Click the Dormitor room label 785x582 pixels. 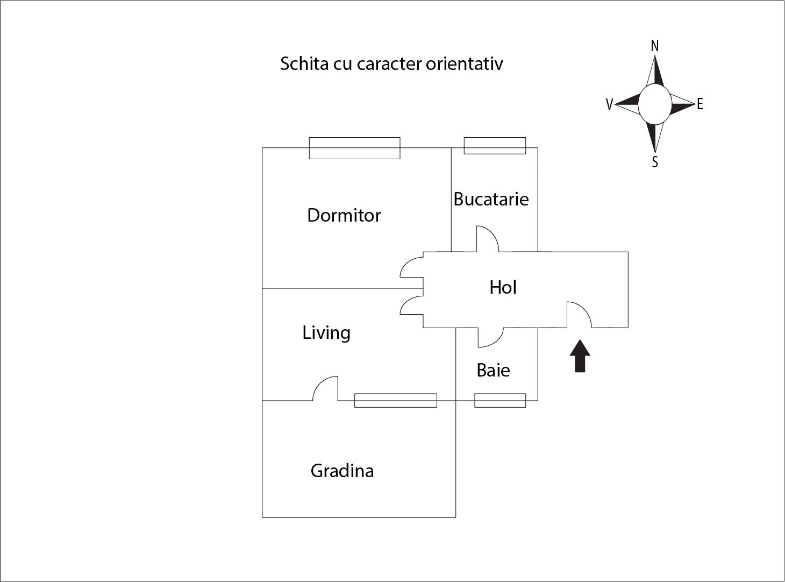[344, 215]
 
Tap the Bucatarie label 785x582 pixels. [491, 199]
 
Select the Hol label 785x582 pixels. [503, 287]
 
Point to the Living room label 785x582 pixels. [326, 332]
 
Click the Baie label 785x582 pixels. [493, 370]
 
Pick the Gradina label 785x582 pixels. [342, 471]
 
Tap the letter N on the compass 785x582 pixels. [654, 46]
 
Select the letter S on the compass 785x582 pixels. [655, 162]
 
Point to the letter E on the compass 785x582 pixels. [700, 104]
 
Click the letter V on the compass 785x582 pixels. [609, 104]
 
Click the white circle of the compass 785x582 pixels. [654, 104]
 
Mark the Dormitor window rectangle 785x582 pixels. [354, 148]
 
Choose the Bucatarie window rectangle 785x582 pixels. [495, 146]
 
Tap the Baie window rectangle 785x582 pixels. [500, 400]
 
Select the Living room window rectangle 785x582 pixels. [395, 400]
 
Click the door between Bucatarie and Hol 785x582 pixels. [487, 240]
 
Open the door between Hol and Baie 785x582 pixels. [490, 337]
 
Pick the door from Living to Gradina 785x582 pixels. [326, 389]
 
